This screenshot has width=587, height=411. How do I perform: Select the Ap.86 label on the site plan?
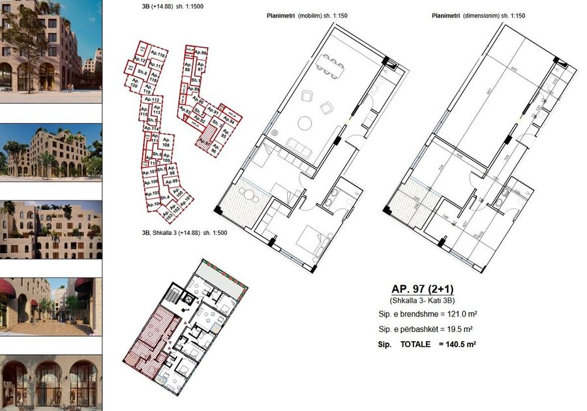(201, 53)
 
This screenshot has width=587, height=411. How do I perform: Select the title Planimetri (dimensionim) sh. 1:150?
(478, 16)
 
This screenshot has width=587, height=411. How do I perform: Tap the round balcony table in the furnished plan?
(247, 194)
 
